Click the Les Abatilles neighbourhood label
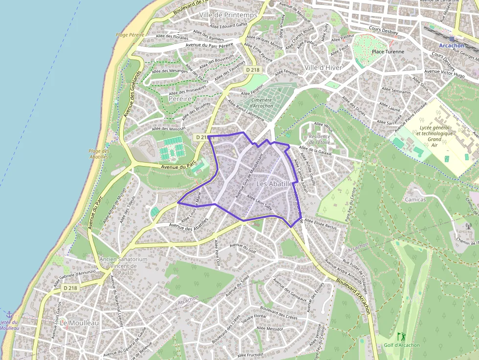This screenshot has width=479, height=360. point(274,184)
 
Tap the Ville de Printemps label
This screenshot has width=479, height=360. point(228,15)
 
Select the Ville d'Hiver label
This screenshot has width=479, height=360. point(323,67)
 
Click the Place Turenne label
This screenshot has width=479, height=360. point(388,51)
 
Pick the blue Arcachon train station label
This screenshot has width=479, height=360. point(451,45)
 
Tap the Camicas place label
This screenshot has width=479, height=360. point(415,199)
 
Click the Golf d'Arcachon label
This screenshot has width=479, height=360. point(401,345)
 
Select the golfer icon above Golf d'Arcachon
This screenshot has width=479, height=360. point(401,337)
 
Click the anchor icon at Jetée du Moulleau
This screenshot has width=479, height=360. point(8,314)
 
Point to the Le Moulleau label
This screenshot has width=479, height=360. point(79,323)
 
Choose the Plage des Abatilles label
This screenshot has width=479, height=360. point(99,154)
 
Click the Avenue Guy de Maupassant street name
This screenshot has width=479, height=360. point(249,175)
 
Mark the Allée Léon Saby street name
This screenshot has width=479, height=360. point(260,202)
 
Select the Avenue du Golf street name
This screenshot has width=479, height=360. point(243,248)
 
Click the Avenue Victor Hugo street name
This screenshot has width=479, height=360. point(444,73)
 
